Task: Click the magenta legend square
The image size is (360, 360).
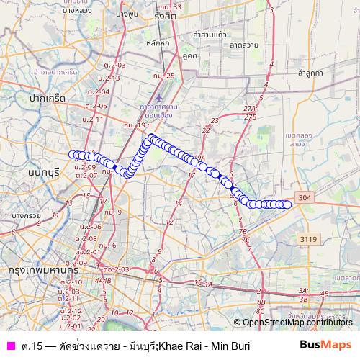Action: (10, 346)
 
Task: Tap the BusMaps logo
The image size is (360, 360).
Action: (325, 346)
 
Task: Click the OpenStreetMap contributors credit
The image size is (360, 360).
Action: (297, 322)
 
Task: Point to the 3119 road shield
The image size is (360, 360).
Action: (309, 239)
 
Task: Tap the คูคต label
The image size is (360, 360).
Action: (189, 55)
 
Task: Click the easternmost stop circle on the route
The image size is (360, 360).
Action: (287, 204)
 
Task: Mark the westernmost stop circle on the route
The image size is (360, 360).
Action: (72, 154)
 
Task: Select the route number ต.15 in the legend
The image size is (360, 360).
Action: (31, 346)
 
